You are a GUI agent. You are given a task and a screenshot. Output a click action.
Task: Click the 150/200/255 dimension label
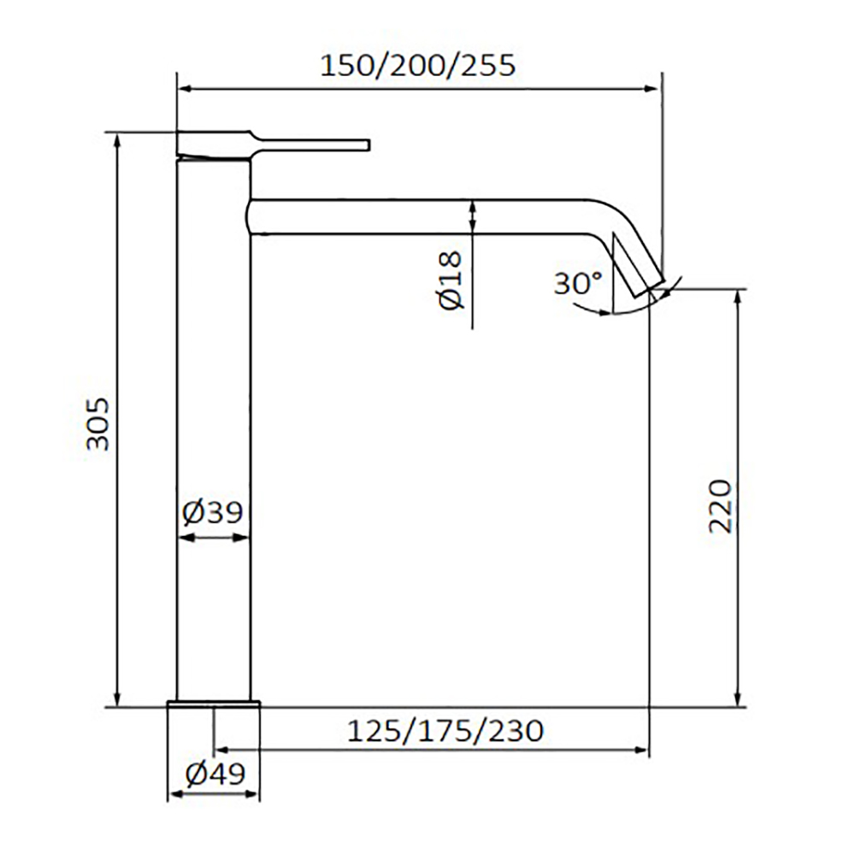418,66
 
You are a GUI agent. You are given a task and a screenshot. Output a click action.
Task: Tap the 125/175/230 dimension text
445,731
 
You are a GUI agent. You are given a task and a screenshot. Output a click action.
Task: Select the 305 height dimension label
98,424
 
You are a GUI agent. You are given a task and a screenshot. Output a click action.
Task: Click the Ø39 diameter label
213,512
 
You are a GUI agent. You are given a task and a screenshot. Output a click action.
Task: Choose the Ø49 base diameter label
215,773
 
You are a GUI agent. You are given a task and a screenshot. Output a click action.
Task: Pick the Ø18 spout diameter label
451,280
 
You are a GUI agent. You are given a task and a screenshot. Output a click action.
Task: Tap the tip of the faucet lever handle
369,144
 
